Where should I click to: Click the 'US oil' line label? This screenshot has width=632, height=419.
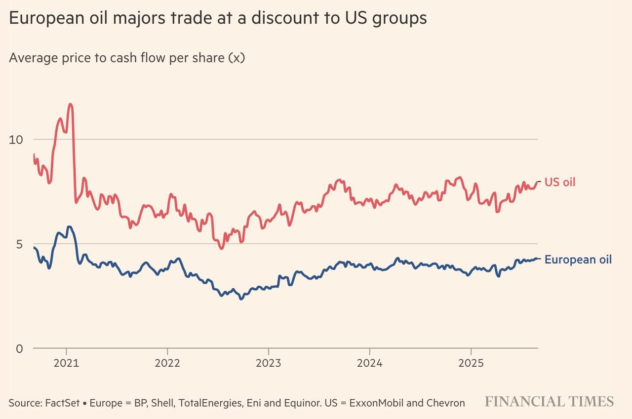pyautogui.click(x=560, y=183)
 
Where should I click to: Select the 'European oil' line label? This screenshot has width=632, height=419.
pyautogui.click(x=578, y=260)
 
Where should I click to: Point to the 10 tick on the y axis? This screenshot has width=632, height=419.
pyautogui.click(x=16, y=139)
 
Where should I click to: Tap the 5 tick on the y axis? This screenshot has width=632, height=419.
pyautogui.click(x=19, y=244)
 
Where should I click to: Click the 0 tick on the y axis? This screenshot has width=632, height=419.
pyautogui.click(x=19, y=349)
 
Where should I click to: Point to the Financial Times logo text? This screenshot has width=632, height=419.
pyautogui.click(x=549, y=401)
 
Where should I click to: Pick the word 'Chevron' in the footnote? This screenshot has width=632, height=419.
pyautogui.click(x=447, y=403)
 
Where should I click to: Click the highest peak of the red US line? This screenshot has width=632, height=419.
pyautogui.click(x=70, y=104)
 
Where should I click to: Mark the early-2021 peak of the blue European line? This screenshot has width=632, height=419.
pyautogui.click(x=69, y=227)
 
